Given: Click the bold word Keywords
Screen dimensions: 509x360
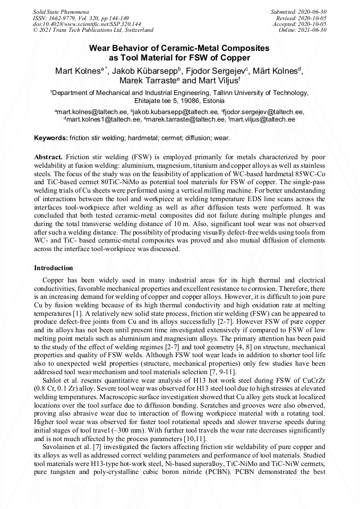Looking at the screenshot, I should (x=50, y=138).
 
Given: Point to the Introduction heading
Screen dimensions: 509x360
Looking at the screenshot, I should (x=54, y=268).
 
